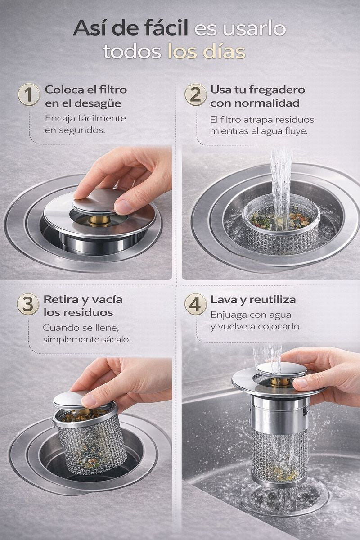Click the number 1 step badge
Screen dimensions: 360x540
29,95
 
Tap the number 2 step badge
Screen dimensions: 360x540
196,95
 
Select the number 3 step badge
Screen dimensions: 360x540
28,304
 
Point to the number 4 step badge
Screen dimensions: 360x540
196,304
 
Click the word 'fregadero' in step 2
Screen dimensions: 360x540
277,90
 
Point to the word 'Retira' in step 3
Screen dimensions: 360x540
60,300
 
